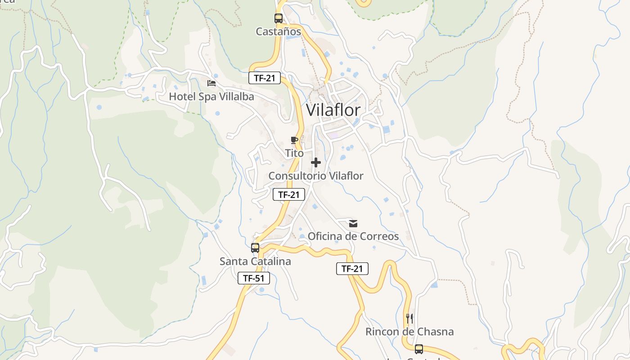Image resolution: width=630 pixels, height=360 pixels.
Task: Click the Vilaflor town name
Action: click(333, 110)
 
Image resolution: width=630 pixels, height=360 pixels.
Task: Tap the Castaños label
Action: click(278, 31)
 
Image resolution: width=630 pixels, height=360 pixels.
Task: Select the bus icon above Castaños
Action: click(279, 18)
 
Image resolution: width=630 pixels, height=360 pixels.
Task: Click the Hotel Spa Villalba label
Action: click(211, 97)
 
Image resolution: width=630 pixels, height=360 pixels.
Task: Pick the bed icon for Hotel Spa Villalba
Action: click(211, 83)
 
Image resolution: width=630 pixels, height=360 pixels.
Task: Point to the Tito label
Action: click(294, 153)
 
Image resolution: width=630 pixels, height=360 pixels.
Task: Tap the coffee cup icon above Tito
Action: click(294, 140)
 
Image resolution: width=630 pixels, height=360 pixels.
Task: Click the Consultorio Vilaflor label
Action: click(315, 176)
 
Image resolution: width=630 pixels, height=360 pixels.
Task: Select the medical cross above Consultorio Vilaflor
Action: click(316, 162)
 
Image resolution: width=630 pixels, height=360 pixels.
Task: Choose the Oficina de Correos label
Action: click(353, 236)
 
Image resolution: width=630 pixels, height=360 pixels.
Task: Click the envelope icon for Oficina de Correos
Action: click(353, 223)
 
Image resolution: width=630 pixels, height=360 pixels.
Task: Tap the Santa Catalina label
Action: click(255, 261)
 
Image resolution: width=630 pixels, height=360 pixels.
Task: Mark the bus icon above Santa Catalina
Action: click(255, 247)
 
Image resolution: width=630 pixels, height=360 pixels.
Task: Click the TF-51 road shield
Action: click(254, 279)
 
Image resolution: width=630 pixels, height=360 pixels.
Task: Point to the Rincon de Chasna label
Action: click(409, 332)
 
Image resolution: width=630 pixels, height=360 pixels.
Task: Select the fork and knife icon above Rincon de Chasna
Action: click(409, 319)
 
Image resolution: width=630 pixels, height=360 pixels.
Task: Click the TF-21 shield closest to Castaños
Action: click(265, 78)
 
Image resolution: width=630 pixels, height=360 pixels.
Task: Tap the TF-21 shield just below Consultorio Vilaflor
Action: click(289, 195)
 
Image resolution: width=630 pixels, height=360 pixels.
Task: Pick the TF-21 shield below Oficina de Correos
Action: click(352, 269)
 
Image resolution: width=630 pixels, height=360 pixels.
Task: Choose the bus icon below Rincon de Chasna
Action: click(419, 349)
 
